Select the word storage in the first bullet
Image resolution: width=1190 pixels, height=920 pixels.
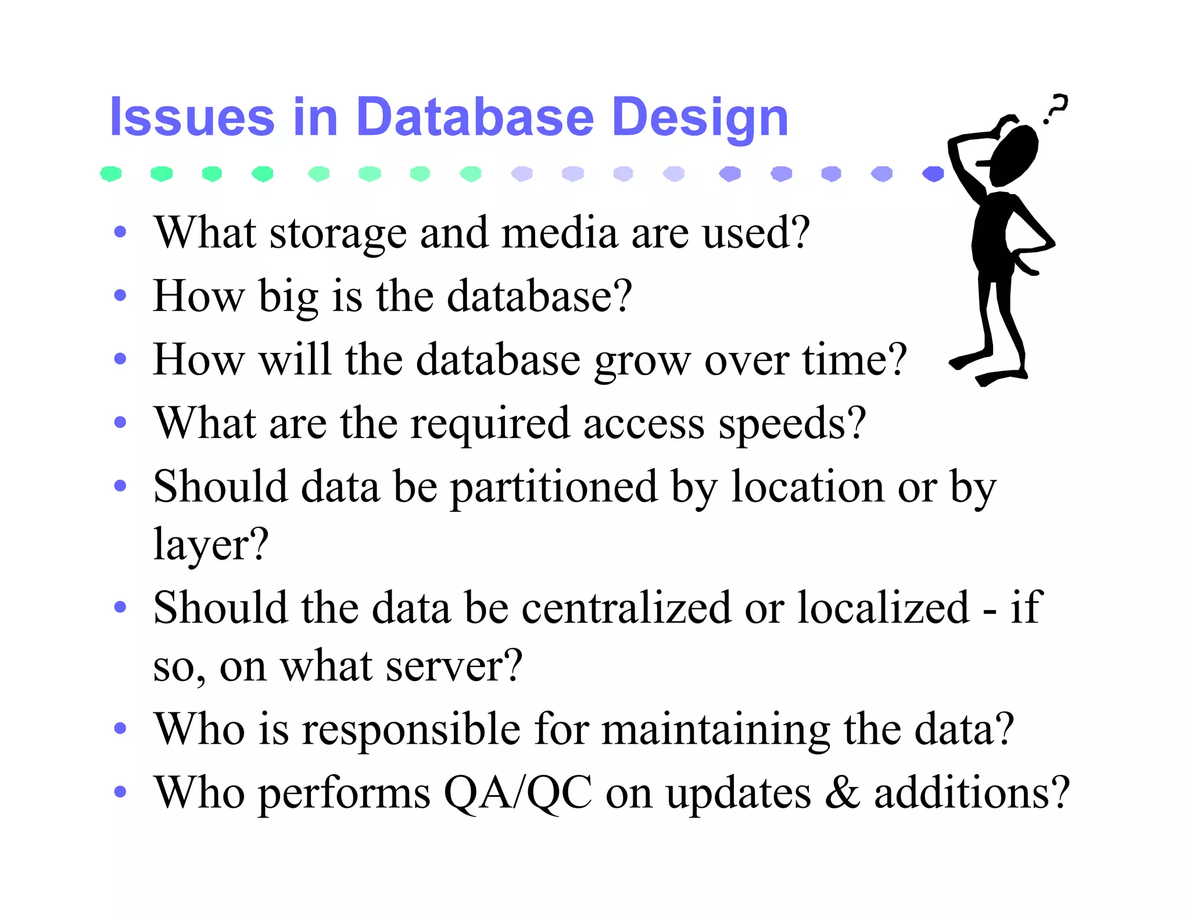click(x=338, y=233)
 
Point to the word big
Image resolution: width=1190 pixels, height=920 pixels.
click(x=288, y=297)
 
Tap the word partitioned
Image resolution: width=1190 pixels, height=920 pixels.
click(x=554, y=487)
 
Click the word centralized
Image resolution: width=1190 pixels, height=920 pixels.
click(x=626, y=608)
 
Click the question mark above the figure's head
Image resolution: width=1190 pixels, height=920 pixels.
click(x=1056, y=109)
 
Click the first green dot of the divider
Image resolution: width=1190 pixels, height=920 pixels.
click(x=110, y=173)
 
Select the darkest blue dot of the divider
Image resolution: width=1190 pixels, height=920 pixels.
click(x=933, y=173)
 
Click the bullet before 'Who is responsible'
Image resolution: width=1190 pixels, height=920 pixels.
click(x=120, y=728)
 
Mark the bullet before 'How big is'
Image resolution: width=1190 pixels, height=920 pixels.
click(x=120, y=295)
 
